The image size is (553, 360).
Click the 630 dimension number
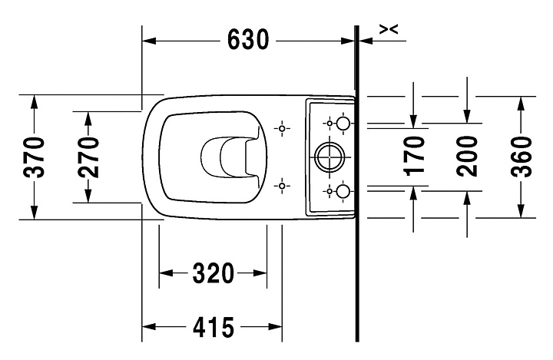point(248,39)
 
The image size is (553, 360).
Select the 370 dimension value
point(34,157)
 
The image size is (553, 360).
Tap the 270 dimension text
point(88,157)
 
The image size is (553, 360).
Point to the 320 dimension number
point(213,273)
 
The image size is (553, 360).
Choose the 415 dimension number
point(214,327)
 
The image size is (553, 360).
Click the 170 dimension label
point(414,156)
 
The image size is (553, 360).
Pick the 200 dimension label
point(467,156)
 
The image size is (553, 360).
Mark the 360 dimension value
point(521,157)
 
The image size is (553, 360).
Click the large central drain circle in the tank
point(329,157)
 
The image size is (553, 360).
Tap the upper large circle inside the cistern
point(343,124)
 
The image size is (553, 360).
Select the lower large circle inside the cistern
point(343,191)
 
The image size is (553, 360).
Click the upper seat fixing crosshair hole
point(282,128)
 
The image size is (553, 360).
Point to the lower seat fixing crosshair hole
point(282,186)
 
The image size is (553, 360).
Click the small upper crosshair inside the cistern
point(329,124)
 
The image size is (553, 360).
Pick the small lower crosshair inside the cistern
point(329,191)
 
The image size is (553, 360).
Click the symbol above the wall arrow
point(389,30)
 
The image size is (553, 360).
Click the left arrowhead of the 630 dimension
point(149,41)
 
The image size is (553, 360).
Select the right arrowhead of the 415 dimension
point(275,327)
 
